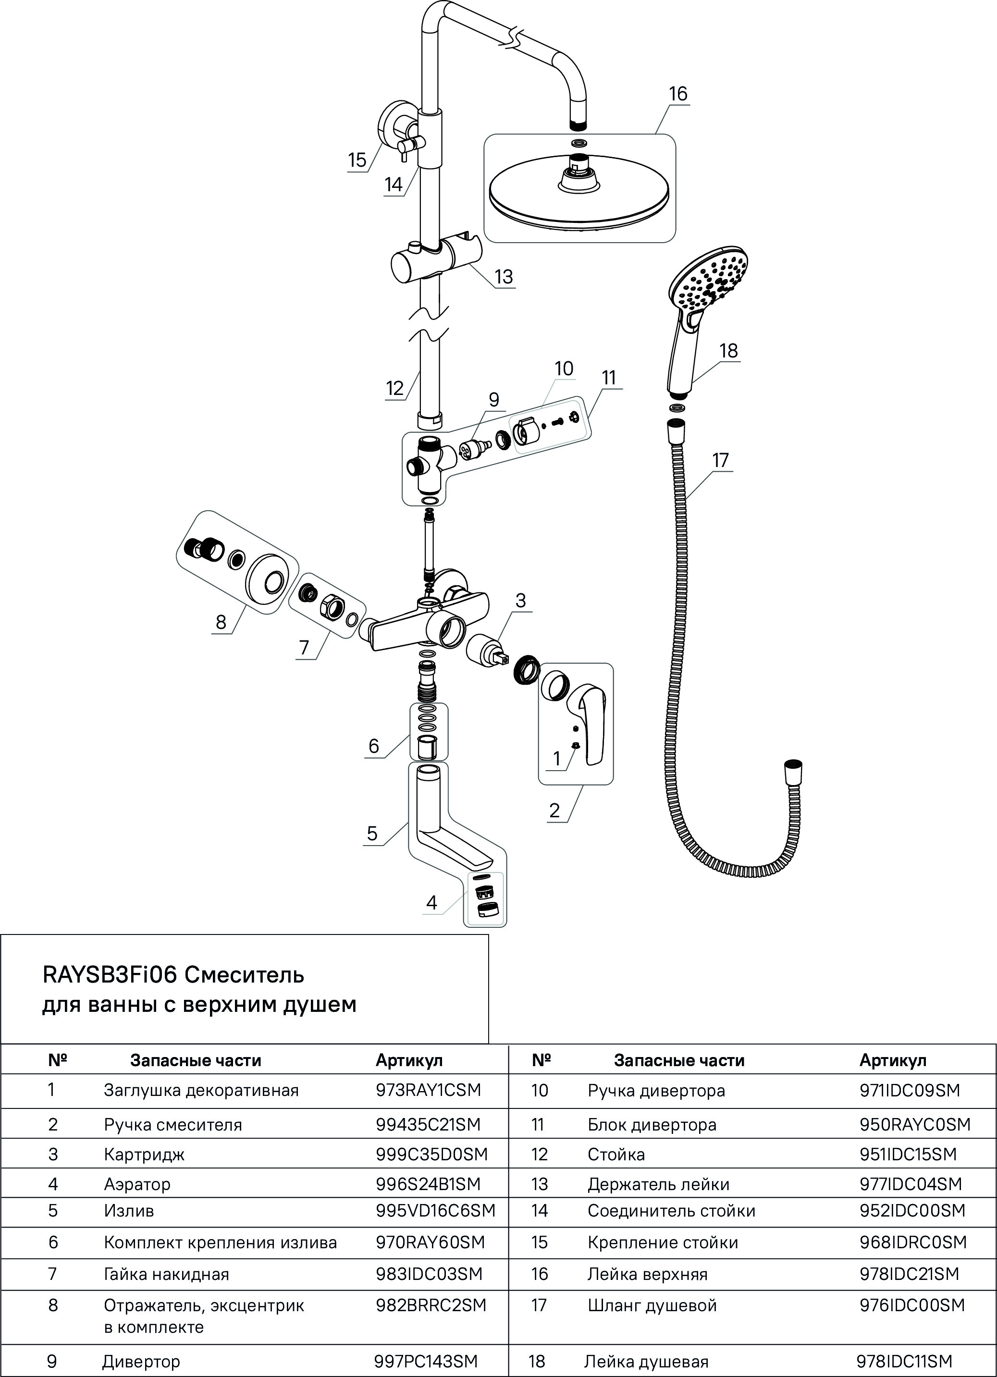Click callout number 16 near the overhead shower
(677, 94)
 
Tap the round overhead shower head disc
(579, 194)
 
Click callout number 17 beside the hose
(720, 460)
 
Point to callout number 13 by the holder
(504, 277)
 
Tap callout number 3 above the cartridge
(520, 601)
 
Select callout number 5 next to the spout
(372, 833)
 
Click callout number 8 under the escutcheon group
(221, 622)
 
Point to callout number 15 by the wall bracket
(357, 160)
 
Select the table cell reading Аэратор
(137, 1184)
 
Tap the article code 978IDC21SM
(909, 1274)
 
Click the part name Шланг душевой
(652, 1305)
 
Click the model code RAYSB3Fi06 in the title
(109, 975)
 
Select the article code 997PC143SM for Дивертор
(426, 1361)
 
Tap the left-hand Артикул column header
(408, 1061)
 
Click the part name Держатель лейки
(658, 1184)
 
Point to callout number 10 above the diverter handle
(564, 369)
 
